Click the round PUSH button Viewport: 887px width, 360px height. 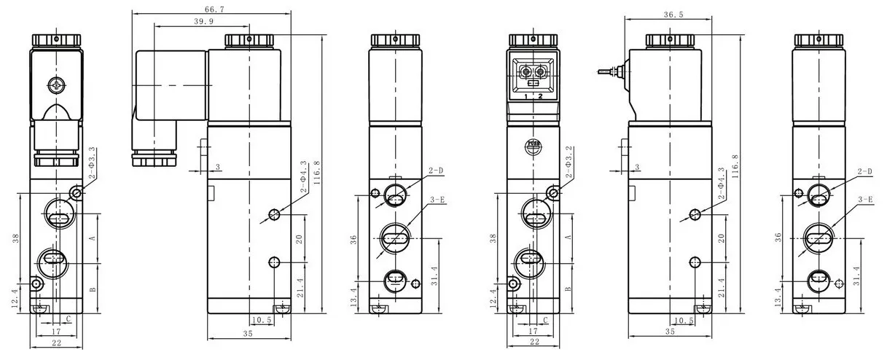[x=535, y=145]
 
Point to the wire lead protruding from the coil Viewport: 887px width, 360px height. [x=606, y=71]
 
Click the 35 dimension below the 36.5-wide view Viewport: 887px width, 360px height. [x=670, y=332]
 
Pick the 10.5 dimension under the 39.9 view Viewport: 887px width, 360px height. [x=261, y=321]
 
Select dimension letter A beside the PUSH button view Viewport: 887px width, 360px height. [x=568, y=238]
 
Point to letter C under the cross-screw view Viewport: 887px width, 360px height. [x=68, y=319]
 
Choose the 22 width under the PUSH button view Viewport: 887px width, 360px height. [x=534, y=342]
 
